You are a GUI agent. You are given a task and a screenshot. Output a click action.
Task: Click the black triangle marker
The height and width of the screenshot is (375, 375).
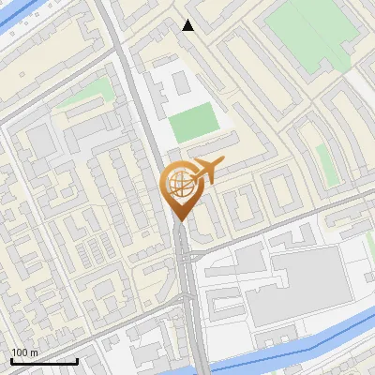188,25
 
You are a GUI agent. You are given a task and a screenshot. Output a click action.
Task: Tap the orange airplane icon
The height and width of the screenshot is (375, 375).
205,172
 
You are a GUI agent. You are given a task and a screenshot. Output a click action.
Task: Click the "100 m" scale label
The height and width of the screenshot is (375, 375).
24,352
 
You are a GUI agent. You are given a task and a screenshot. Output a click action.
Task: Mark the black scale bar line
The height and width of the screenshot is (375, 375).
43,361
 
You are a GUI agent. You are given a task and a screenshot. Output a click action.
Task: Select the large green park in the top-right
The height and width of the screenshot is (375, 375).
309,33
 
